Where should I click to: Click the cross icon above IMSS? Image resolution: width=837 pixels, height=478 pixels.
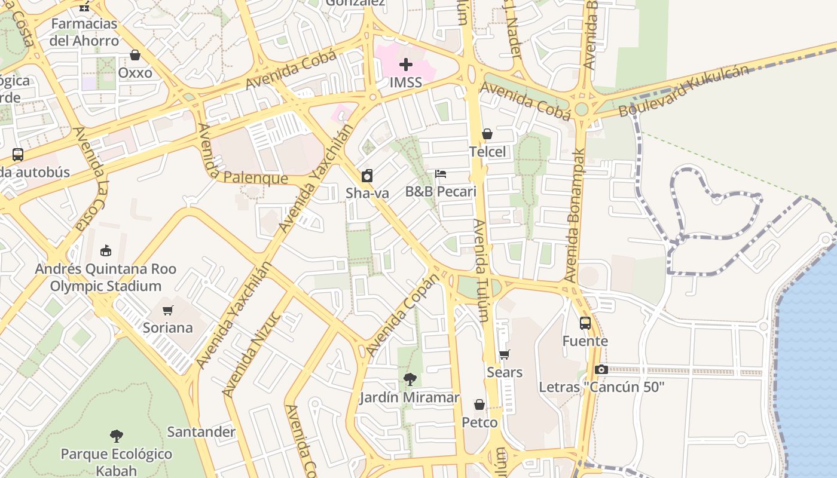point(406,65)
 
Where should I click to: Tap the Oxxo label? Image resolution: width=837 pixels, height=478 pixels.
point(135,72)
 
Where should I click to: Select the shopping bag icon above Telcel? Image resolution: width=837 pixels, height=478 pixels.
point(487,134)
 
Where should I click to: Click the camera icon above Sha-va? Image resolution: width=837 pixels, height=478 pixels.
point(367,176)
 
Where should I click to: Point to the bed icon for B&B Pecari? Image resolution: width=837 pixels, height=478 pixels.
point(441,174)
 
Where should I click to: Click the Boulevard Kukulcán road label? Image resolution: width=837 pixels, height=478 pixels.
point(683,91)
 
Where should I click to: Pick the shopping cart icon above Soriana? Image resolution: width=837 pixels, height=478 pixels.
point(168,310)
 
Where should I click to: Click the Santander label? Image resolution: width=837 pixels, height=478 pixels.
point(201,431)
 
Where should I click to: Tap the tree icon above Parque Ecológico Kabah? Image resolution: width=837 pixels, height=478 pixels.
point(117,436)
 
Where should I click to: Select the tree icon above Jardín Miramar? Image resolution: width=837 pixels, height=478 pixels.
point(410,379)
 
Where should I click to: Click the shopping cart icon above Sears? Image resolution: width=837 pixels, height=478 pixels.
point(505,355)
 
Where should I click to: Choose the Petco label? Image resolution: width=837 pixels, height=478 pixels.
point(479,422)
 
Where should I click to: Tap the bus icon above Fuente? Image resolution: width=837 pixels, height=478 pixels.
point(585,323)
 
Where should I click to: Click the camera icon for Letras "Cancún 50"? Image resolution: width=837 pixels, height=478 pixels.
point(601,370)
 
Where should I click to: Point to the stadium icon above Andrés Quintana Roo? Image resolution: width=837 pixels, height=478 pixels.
point(106,250)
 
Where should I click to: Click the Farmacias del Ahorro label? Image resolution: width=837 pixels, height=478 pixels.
point(84,32)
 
